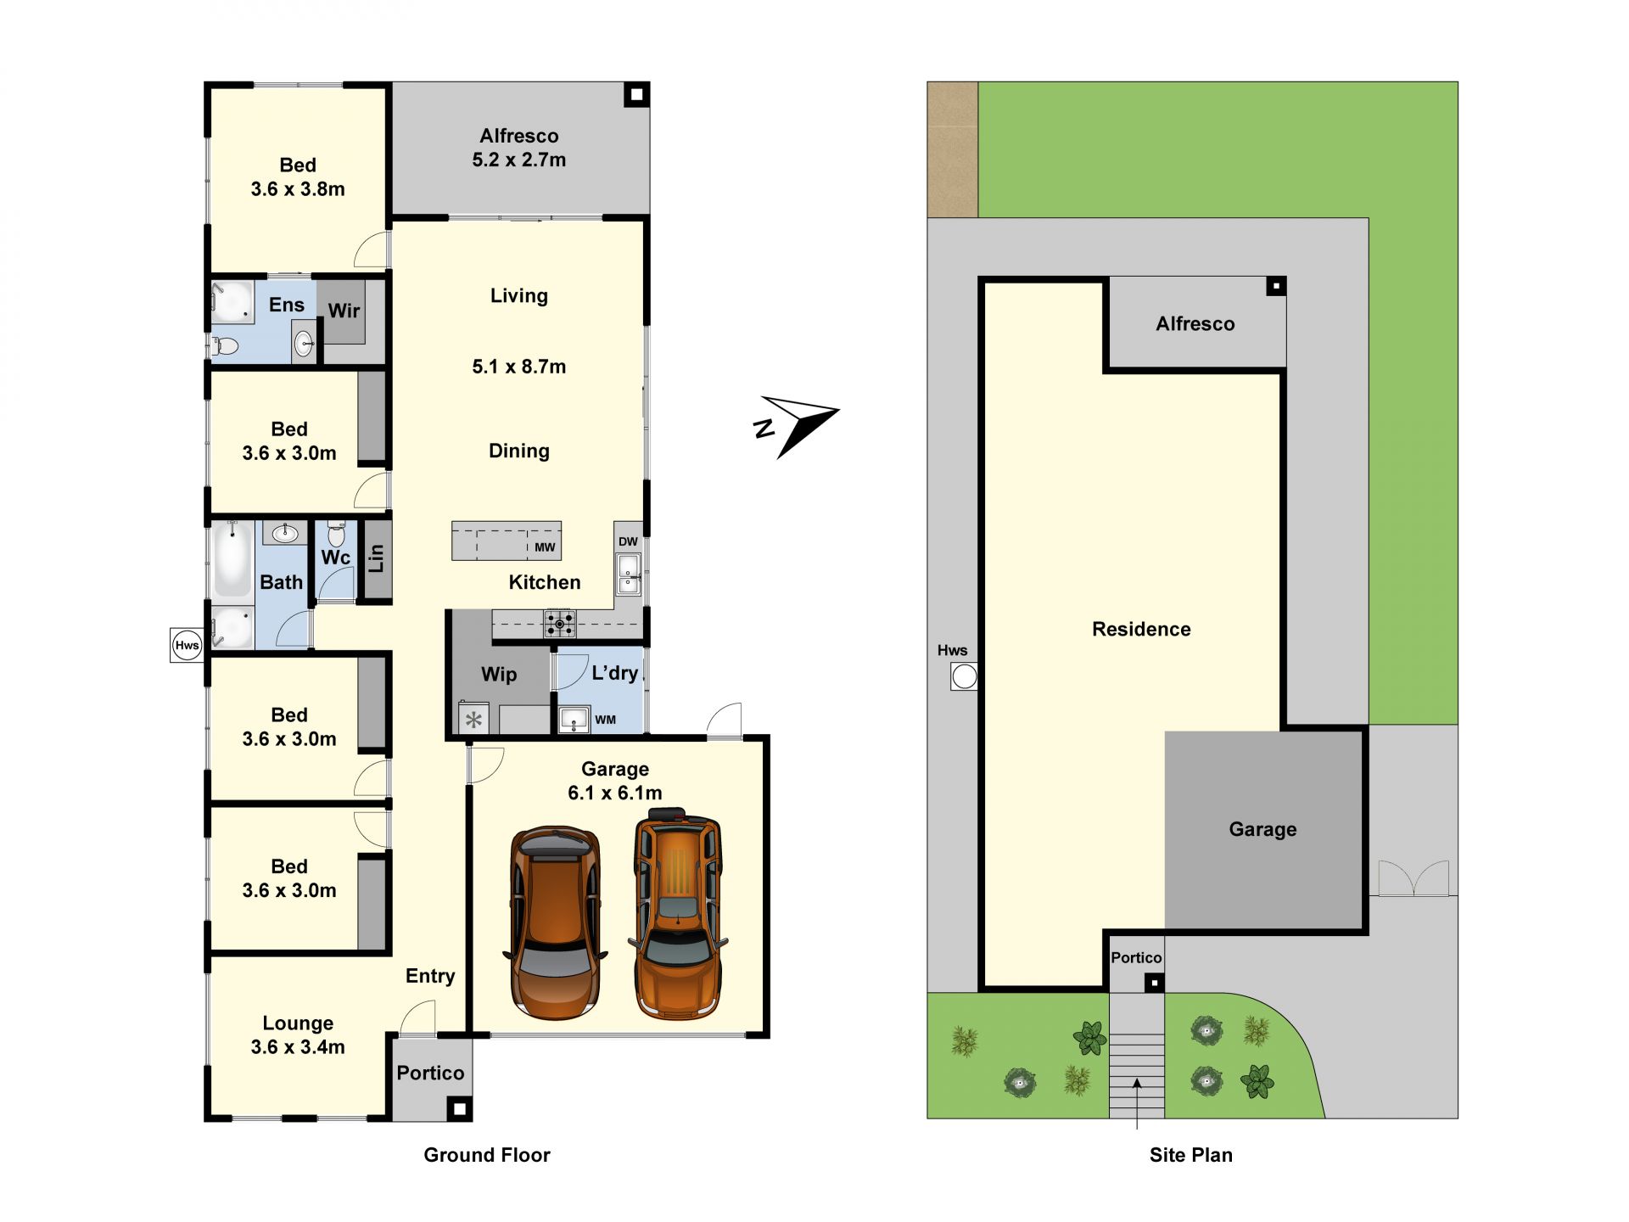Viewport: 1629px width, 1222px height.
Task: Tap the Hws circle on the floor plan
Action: (187, 645)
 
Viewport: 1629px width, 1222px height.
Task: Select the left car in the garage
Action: (556, 922)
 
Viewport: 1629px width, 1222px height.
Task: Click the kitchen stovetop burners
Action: (559, 624)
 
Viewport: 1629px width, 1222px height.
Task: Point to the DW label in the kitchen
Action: (628, 541)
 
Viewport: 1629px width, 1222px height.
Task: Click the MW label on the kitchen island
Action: (545, 547)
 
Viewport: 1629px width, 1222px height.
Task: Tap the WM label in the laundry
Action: (605, 720)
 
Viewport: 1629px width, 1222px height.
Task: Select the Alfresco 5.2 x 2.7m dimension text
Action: (519, 160)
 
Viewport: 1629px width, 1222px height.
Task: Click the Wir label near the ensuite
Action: (344, 311)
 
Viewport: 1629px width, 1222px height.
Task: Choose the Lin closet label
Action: (376, 558)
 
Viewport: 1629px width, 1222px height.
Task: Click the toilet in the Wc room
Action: (336, 534)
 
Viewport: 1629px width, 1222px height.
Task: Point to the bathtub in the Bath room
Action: (232, 559)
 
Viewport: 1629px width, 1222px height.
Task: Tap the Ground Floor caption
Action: (487, 1155)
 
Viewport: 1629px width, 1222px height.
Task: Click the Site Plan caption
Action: (1191, 1155)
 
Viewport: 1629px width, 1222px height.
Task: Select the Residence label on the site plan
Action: (1141, 629)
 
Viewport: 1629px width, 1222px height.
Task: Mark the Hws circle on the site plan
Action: (964, 677)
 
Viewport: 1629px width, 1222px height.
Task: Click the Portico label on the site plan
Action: (1136, 958)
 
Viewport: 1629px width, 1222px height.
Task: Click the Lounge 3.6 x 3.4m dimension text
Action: (298, 1047)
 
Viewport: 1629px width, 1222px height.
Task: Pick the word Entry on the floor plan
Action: (430, 976)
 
